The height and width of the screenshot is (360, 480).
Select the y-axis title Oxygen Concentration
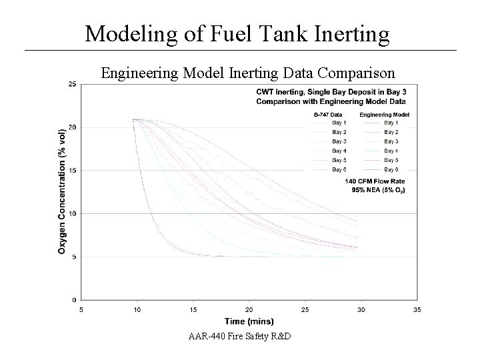tap(62, 191)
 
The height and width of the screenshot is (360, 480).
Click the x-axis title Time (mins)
tap(248, 322)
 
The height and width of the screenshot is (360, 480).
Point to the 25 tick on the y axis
tap(72, 83)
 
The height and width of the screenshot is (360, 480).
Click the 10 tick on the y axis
tap(72, 213)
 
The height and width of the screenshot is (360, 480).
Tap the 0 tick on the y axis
tap(73, 300)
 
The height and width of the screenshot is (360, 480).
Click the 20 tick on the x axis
tap(249, 309)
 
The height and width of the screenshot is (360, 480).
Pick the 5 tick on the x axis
tap(81, 309)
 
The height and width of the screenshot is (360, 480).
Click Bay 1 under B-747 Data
tap(339, 123)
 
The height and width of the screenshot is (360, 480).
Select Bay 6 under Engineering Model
tap(391, 169)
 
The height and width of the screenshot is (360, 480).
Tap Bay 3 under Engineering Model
tap(391, 141)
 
